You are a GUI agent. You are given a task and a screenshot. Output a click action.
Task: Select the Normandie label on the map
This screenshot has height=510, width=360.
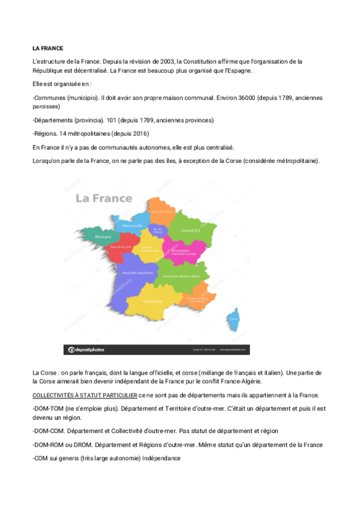[132, 226]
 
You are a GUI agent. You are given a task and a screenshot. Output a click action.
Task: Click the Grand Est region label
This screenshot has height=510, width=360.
[191, 230]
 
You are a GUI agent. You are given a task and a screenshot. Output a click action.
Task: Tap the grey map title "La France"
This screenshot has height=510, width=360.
[103, 198]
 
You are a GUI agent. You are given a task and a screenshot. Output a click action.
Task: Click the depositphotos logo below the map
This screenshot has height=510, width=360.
[87, 349]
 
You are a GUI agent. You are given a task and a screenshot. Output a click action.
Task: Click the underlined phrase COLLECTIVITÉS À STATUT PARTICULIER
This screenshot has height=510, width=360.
[84, 395]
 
